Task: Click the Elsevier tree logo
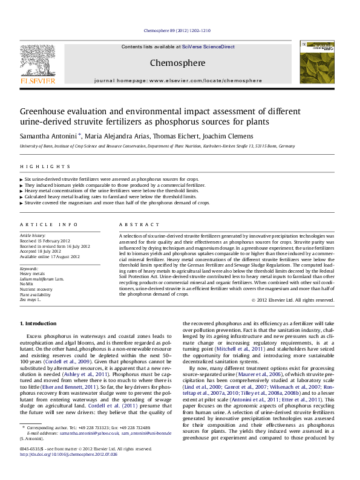point(37,62)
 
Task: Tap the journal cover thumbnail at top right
point(312,66)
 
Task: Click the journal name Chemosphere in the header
point(177,63)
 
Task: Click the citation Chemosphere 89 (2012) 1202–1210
point(177,30)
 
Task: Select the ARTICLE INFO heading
point(49,224)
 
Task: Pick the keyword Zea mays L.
point(30,299)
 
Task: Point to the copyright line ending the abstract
point(292,300)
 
